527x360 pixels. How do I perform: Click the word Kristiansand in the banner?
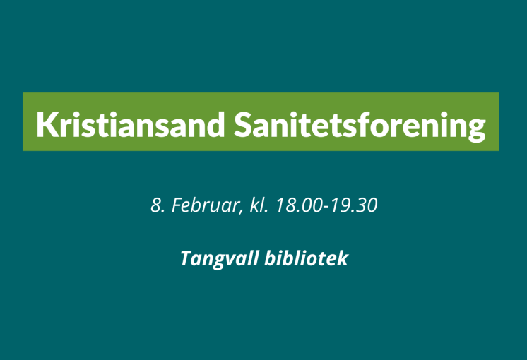(131, 124)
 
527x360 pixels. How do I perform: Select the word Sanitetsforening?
(360, 126)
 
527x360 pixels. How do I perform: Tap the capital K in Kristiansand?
(46, 124)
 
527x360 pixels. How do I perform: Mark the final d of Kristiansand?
(215, 124)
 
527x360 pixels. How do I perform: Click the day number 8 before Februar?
(155, 205)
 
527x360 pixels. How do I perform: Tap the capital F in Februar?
(177, 205)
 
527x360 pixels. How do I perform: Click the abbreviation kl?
(259, 205)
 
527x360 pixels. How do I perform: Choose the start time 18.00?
(299, 205)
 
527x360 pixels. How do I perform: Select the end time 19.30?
(354, 205)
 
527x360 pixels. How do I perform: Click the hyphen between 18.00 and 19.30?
(326, 208)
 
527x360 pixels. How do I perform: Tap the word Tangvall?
(220, 259)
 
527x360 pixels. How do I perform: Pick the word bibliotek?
(306, 258)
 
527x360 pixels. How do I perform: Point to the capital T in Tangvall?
(187, 258)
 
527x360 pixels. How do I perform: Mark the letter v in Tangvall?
(236, 260)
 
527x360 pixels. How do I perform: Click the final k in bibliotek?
(343, 258)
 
